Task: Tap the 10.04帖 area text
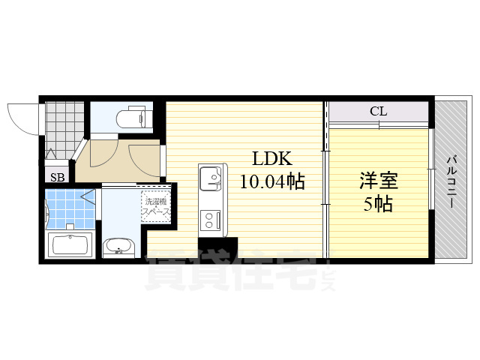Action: click(271, 181)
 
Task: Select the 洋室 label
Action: click(378, 181)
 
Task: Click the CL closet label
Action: click(378, 112)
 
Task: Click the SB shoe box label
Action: click(57, 177)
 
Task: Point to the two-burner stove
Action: click(208, 219)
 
